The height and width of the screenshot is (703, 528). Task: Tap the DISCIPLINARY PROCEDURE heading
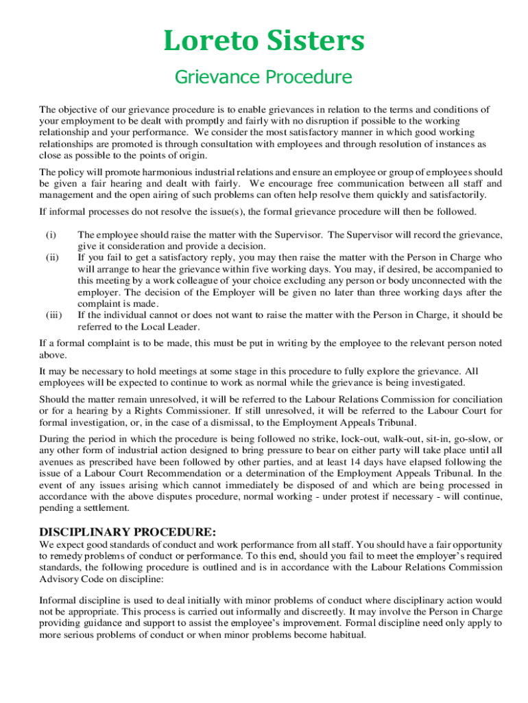pos(128,532)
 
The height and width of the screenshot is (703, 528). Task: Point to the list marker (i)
pos(51,235)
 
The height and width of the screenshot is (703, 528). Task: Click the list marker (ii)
pos(53,257)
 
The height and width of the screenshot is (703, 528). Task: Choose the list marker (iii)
pos(54,315)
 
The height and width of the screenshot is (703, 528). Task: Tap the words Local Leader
pos(152,327)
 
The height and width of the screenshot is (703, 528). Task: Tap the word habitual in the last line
pos(348,635)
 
